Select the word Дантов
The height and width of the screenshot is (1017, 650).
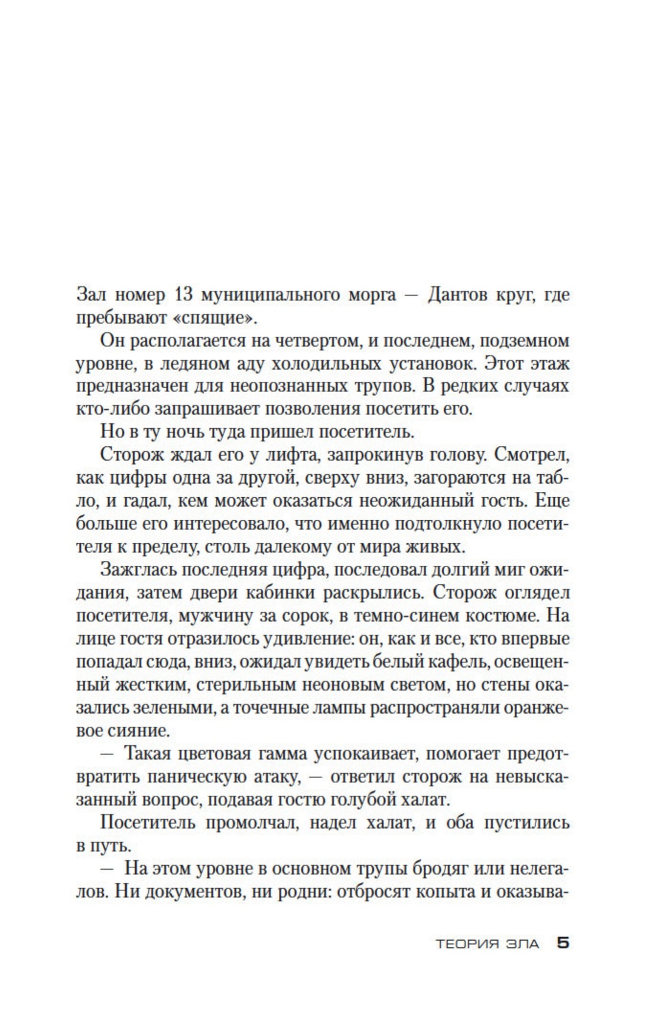[463, 294]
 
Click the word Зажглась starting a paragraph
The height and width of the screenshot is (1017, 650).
[138, 570]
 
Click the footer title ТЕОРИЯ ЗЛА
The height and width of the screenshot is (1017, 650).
[487, 944]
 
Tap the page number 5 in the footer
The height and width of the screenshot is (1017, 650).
[563, 943]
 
